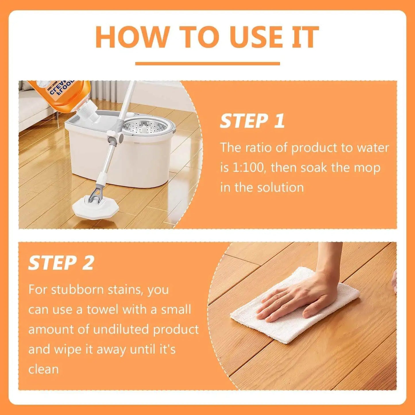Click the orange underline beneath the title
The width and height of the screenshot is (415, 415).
(207, 63)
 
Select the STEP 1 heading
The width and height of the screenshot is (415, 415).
(252, 121)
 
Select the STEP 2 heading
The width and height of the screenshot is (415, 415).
(61, 263)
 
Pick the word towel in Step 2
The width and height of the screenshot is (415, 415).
(103, 310)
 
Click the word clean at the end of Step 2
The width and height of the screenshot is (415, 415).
(43, 369)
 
